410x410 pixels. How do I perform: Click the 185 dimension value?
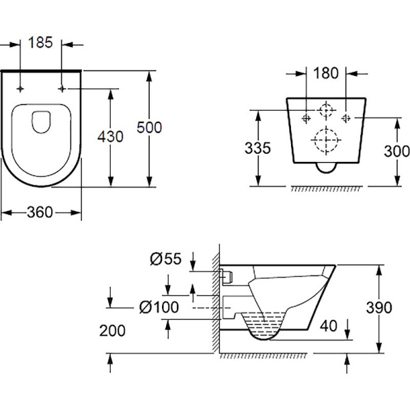click(41, 42)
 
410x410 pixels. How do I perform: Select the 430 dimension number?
click(110, 137)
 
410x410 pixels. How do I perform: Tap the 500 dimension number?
click(150, 127)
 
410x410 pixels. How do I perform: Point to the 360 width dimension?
click(40, 213)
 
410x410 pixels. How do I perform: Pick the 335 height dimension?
click(258, 148)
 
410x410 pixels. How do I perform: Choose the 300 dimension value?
click(397, 152)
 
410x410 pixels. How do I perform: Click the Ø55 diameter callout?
click(165, 258)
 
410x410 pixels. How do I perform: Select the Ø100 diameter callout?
click(158, 307)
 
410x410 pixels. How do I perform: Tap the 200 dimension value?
click(112, 331)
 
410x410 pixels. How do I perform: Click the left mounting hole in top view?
click(22, 89)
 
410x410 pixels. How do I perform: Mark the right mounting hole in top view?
click(64, 89)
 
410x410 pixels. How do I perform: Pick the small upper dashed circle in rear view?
click(327, 110)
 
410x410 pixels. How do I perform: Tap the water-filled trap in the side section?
click(263, 324)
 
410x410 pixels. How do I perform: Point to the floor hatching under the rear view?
click(325, 187)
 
